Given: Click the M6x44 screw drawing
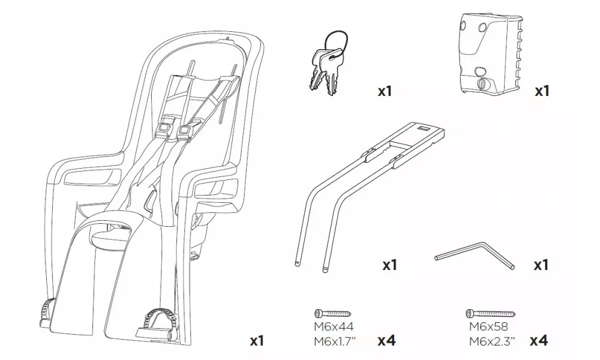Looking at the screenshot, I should tap(332, 313).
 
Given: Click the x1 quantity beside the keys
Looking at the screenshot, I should tap(385, 92).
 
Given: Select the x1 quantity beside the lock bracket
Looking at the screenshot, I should tap(541, 92).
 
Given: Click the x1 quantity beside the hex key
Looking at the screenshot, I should tap(541, 265).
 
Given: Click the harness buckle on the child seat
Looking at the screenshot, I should tap(174, 129).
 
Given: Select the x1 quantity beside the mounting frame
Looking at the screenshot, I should tap(389, 265).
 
